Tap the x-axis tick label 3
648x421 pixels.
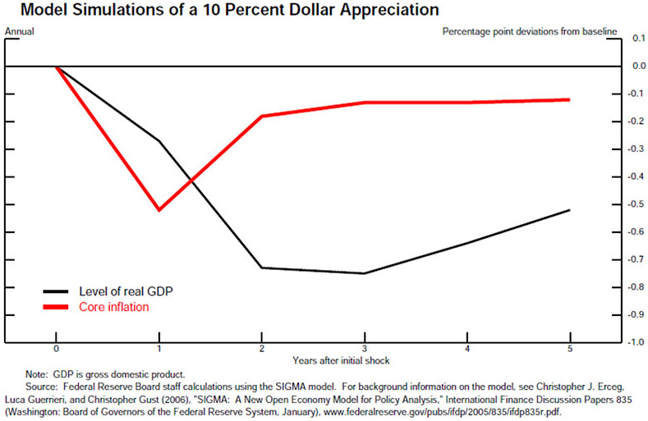tap(364, 349)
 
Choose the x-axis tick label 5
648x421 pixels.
tap(569, 349)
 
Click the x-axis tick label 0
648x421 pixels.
tap(56, 349)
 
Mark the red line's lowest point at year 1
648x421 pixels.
tap(159, 210)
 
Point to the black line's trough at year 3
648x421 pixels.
tap(364, 273)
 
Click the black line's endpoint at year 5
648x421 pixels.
tap(569, 210)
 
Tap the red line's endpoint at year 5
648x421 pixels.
tap(569, 99)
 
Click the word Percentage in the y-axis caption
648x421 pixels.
tap(466, 32)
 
